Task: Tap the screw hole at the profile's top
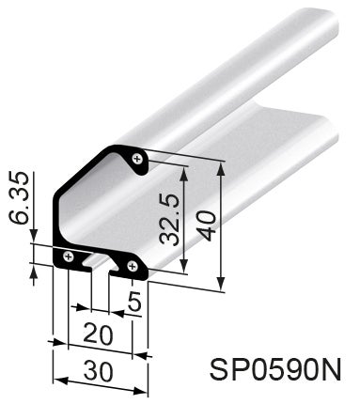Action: click(139, 159)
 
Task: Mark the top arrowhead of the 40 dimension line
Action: click(222, 166)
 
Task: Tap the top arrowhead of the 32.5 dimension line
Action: click(185, 176)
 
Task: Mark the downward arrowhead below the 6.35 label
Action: click(36, 240)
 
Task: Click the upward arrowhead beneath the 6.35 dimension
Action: click(36, 272)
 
